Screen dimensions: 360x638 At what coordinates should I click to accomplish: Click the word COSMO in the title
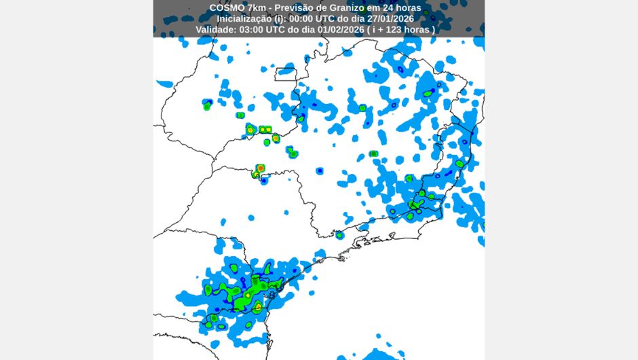click(225, 7)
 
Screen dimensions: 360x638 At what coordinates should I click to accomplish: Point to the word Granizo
click(349, 7)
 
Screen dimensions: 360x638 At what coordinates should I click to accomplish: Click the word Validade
click(217, 31)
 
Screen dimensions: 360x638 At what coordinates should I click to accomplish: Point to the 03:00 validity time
click(254, 31)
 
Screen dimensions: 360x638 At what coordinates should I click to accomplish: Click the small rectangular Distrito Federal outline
click(286, 74)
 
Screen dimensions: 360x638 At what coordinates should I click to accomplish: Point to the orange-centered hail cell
click(261, 167)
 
